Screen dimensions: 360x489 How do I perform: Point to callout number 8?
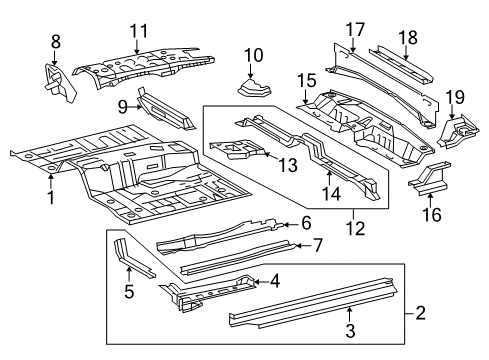pyautogui.click(x=55, y=41)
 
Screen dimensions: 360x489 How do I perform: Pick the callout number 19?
pyautogui.click(x=455, y=96)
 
